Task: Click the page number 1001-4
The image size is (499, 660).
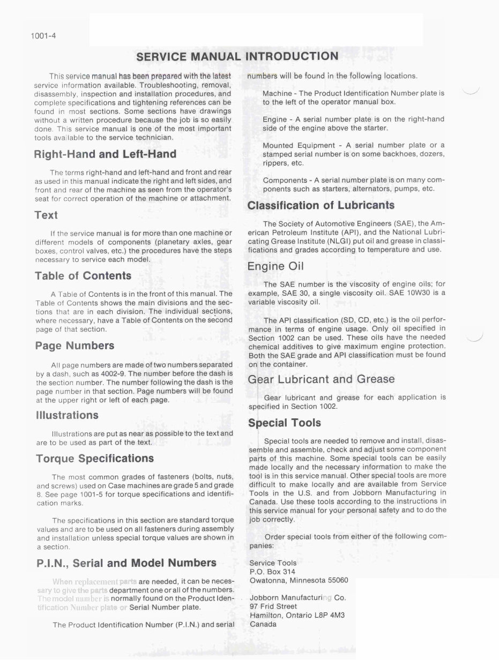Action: [44, 36]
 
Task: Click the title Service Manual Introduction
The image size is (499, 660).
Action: [237, 56]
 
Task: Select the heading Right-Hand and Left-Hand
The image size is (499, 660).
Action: [105, 154]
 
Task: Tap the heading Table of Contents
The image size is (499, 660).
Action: [83, 276]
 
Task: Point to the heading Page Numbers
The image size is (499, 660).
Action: [75, 346]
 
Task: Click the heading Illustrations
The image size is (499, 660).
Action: [67, 415]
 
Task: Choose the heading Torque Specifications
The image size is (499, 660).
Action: [95, 459]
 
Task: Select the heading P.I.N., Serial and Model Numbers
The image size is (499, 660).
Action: [126, 563]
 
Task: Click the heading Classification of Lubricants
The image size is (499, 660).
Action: [321, 205]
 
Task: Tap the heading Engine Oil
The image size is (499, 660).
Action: [275, 266]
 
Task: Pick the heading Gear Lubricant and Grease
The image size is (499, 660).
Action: [321, 379]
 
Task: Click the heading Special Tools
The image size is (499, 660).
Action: [284, 423]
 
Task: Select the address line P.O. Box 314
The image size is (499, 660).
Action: [272, 572]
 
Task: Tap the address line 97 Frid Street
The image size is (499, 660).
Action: [273, 606]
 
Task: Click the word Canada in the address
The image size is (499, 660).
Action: [263, 624]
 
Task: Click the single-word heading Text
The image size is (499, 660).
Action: [46, 215]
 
